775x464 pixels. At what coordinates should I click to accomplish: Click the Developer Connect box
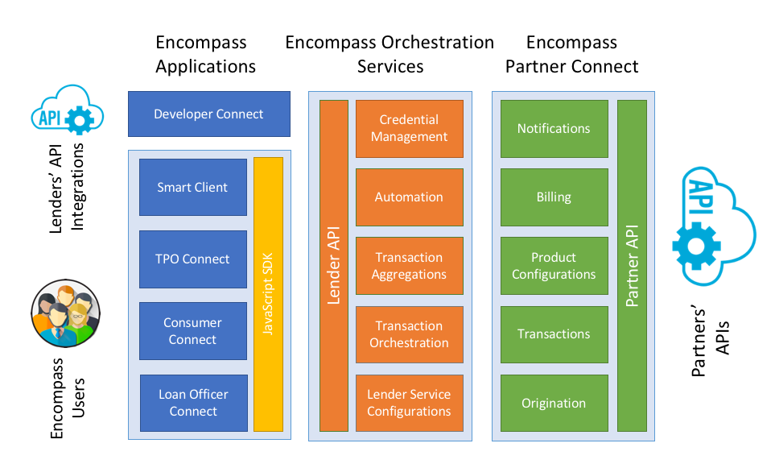(208, 114)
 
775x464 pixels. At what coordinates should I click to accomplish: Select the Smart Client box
(192, 187)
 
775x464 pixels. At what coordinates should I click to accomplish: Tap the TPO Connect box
(192, 259)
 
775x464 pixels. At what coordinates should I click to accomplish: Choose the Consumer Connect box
(192, 331)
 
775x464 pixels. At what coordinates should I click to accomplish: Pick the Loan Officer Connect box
(192, 403)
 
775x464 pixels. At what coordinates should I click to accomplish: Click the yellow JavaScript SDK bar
(268, 294)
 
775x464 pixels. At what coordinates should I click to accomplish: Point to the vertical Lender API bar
(333, 265)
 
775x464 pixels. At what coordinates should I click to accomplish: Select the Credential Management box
(409, 128)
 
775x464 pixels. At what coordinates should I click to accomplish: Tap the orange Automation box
(409, 197)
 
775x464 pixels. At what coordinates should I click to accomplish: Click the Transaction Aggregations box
(409, 266)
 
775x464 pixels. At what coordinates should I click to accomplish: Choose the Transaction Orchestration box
(409, 334)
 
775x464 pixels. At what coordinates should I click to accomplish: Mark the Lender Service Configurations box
(409, 403)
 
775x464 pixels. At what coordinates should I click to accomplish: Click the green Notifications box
(554, 128)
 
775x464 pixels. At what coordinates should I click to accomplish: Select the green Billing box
(554, 197)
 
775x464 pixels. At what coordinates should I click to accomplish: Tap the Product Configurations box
(554, 266)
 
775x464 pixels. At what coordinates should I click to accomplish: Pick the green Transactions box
(554, 334)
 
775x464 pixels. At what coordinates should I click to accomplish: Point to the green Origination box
(554, 403)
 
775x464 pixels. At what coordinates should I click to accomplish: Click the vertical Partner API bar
(632, 265)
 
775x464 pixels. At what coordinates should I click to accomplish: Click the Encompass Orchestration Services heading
(390, 54)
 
